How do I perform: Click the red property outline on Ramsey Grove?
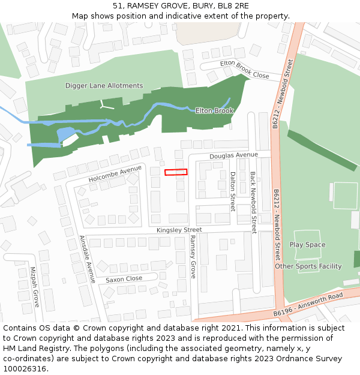[176, 172]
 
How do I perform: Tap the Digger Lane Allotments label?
[104, 86]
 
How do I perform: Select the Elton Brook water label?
[214, 110]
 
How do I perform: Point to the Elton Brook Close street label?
[244, 70]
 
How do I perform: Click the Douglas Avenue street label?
[233, 155]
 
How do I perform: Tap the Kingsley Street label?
[179, 230]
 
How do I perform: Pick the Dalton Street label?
[233, 191]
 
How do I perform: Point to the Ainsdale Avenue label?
[88, 259]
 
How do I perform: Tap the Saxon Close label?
[124, 279]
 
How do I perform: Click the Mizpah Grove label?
[34, 287]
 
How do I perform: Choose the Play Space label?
[307, 245]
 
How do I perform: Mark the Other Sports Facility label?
[308, 266]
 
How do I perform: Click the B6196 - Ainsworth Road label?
[308, 304]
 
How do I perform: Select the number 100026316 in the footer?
[25, 368]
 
